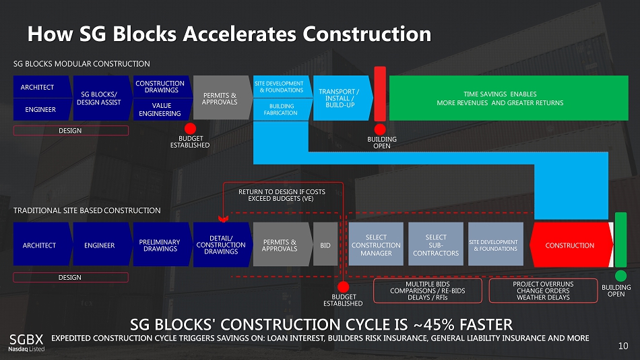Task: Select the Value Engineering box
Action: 160,109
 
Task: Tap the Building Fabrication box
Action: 282,109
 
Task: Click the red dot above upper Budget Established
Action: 191,129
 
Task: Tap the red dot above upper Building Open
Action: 381,129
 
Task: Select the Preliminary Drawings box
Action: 160,245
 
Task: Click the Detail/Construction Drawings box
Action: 220,245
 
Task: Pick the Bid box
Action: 325,245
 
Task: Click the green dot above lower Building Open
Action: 620,276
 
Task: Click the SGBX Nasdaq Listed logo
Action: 26,342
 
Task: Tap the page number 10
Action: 623,347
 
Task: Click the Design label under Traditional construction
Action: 69,277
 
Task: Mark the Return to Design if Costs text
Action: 282,196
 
